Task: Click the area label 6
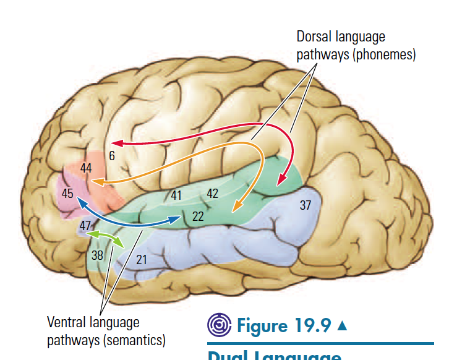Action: click(112, 156)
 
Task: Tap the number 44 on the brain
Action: click(86, 168)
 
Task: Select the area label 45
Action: click(68, 194)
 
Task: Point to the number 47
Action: click(85, 225)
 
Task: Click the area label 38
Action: click(98, 255)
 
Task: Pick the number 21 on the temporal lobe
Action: click(142, 260)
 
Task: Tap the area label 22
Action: click(198, 216)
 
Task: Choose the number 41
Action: click(176, 196)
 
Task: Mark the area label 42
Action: click(212, 194)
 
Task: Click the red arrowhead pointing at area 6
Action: click(116, 143)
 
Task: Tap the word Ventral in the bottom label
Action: click(65, 322)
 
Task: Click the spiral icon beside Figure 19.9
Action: click(218, 325)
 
